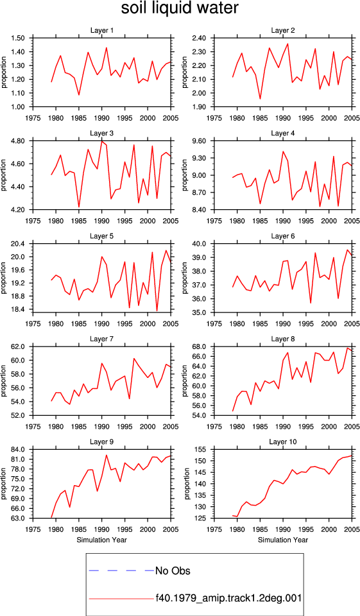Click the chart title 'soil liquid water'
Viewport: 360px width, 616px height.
click(180, 8)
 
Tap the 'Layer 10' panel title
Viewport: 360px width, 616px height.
click(283, 441)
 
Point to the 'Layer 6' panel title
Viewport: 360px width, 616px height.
click(283, 236)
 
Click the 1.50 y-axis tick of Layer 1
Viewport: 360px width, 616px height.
click(19, 38)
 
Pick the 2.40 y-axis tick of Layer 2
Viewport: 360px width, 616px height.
click(200, 38)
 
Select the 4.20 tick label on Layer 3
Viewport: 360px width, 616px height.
click(19, 210)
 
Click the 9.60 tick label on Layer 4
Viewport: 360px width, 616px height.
click(200, 141)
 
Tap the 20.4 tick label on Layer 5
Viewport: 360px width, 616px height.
click(19, 244)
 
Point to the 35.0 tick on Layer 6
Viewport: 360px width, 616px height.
click(200, 312)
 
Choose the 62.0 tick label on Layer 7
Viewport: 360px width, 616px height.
click(19, 346)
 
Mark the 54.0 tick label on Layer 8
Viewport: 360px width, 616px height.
click(200, 415)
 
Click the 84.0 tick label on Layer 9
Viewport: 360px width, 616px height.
click(19, 449)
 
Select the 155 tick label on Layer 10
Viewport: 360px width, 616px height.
click(201, 449)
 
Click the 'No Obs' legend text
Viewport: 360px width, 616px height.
click(173, 570)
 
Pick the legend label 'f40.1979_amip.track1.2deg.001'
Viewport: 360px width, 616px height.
click(228, 598)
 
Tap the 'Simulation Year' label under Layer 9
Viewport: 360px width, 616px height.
click(102, 540)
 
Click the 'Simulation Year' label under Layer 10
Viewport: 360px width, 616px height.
click(283, 540)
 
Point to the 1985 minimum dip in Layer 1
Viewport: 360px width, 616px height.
click(78, 95)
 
